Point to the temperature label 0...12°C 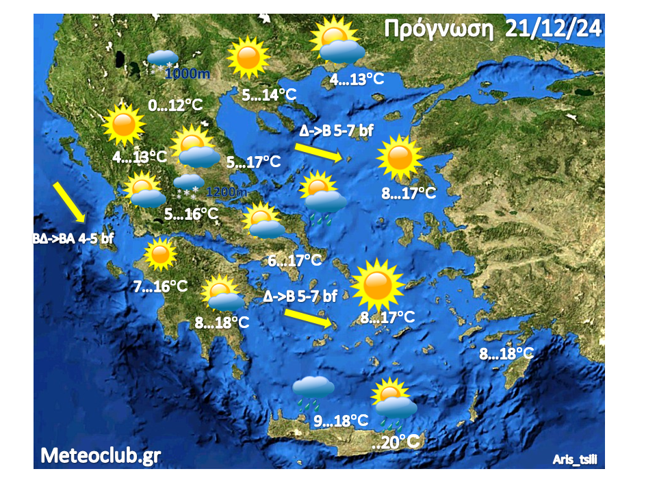176,105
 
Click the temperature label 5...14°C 270,94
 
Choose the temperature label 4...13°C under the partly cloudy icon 357,79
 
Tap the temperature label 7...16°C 161,286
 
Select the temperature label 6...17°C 294,260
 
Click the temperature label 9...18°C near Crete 341,421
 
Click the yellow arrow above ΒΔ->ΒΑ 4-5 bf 69,202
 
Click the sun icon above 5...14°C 247,58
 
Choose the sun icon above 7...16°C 160,255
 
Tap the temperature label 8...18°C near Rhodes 506,355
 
